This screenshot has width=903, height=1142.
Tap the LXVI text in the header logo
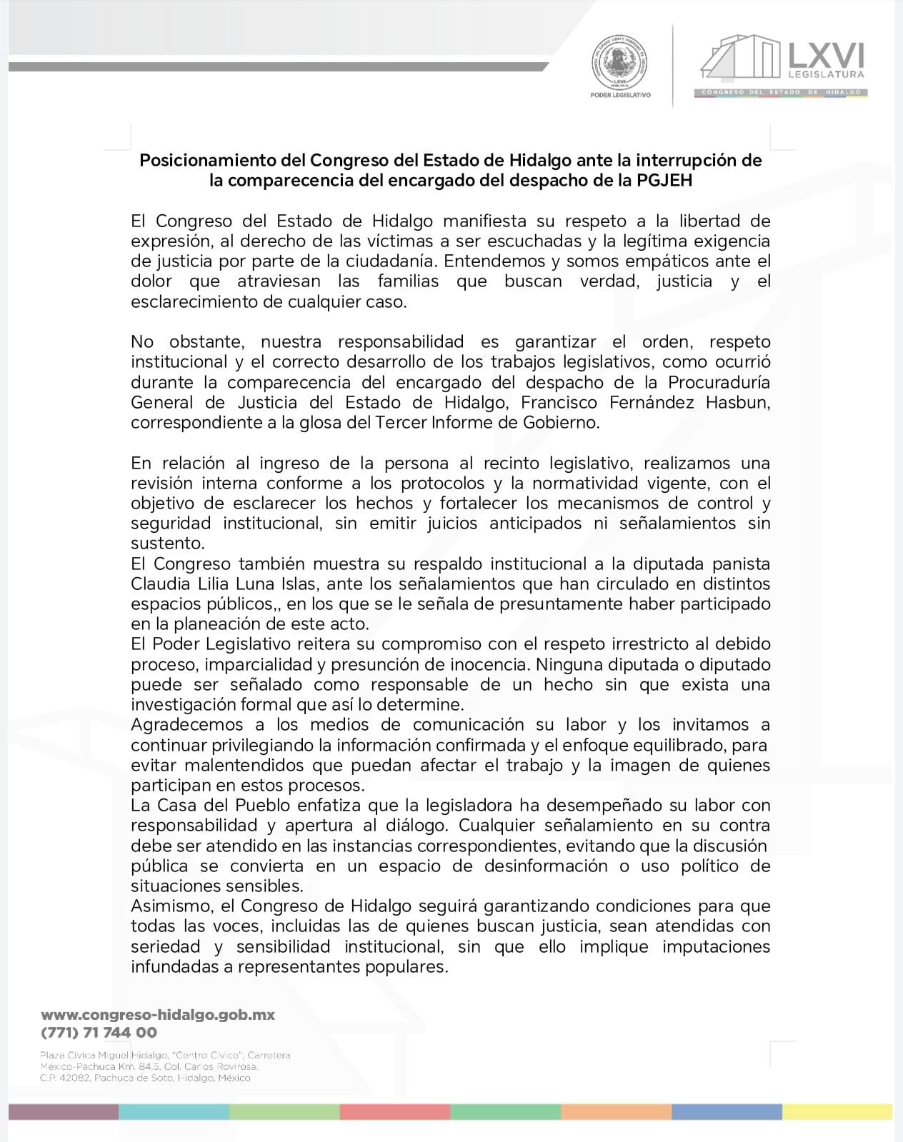(x=825, y=54)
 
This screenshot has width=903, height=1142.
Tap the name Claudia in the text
(x=159, y=583)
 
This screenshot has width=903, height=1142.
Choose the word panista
(x=738, y=564)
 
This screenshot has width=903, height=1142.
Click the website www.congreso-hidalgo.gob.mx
(x=158, y=1014)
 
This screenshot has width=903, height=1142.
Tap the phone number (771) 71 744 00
(x=99, y=1032)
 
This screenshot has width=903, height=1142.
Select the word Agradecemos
(x=187, y=725)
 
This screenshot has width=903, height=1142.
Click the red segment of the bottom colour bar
(x=394, y=1112)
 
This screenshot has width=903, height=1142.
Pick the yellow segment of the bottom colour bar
(x=837, y=1112)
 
